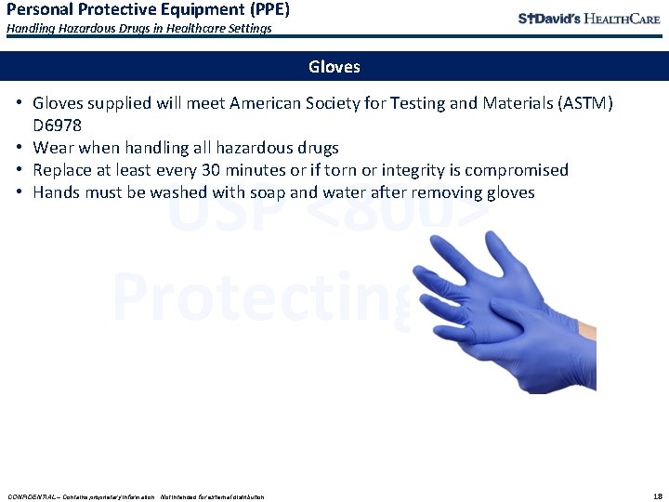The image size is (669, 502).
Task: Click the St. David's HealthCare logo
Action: pyautogui.click(x=588, y=19)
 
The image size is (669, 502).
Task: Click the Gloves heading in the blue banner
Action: pyautogui.click(x=334, y=67)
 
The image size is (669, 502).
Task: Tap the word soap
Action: pyautogui.click(x=290, y=192)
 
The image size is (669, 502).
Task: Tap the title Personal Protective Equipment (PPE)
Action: pyautogui.click(x=149, y=10)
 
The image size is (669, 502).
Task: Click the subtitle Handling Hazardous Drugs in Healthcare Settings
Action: pyautogui.click(x=139, y=29)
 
